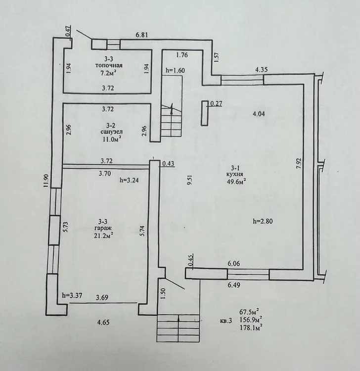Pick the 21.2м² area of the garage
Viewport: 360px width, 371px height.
[x=104, y=234]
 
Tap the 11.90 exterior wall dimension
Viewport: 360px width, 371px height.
[x=46, y=181]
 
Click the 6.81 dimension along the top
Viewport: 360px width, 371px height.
[x=142, y=35]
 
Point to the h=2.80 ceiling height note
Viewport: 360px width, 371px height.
[x=263, y=222]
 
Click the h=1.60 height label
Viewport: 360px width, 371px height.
[x=175, y=70]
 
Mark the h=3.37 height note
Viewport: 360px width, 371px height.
[x=72, y=295]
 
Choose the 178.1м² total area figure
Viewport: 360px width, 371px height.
[x=251, y=327]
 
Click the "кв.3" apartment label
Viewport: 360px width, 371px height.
[x=225, y=321]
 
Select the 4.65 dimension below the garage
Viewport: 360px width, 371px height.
[x=104, y=322]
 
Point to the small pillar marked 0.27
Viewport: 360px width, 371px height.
[x=204, y=113]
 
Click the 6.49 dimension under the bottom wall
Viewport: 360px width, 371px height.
[x=234, y=285]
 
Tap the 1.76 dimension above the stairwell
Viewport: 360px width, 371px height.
[x=182, y=55]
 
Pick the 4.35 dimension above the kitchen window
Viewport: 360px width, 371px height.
[x=262, y=70]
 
